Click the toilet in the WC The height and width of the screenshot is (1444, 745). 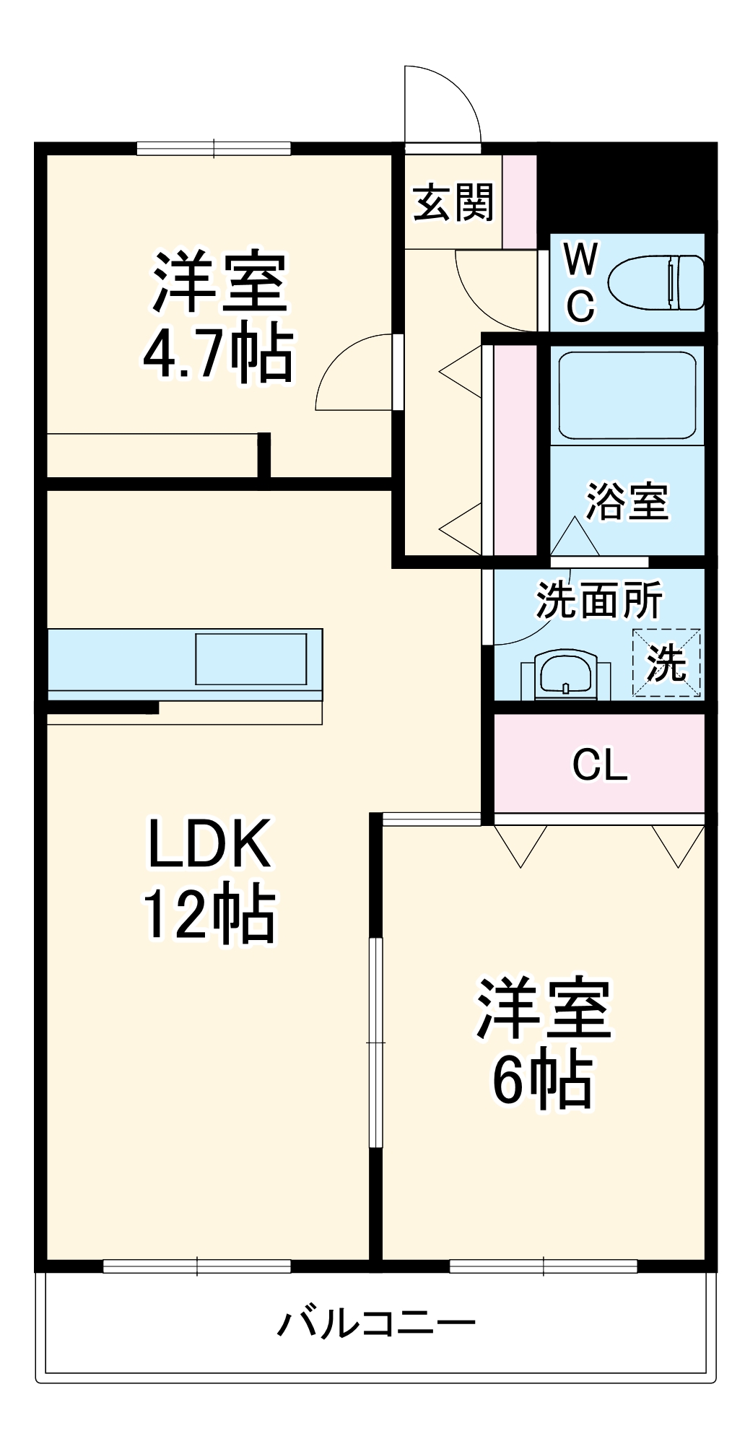655,282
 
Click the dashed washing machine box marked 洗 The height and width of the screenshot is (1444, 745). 666,662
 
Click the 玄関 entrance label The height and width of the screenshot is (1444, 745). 453,203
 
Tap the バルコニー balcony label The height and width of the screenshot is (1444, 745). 377,1323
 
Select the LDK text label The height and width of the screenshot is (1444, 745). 209,843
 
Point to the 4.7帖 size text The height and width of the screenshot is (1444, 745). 218,355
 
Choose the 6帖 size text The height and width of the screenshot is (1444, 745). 543,1081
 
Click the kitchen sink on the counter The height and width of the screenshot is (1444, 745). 250,658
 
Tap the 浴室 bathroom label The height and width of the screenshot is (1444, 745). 627,501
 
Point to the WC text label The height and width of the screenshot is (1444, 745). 580,282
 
